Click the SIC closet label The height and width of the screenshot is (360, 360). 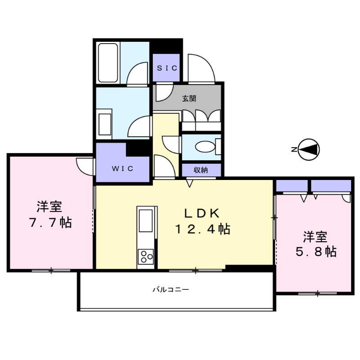click(x=167, y=67)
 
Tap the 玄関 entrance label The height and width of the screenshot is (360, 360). click(x=189, y=98)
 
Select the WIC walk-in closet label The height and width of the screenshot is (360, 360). click(x=122, y=169)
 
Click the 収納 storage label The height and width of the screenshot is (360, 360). click(x=201, y=170)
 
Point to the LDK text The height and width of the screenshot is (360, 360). click(x=202, y=212)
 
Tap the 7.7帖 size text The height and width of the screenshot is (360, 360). click(x=50, y=223)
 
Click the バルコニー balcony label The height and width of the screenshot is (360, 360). click(x=170, y=290)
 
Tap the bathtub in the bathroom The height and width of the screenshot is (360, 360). click(x=108, y=63)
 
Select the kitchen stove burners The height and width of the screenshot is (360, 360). click(x=146, y=257)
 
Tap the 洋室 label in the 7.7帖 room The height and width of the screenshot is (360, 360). click(x=49, y=207)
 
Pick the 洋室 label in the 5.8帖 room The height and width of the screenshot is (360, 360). click(x=315, y=236)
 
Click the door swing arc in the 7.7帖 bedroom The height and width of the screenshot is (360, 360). click(x=84, y=165)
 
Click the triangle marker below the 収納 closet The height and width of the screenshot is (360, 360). click(x=190, y=183)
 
